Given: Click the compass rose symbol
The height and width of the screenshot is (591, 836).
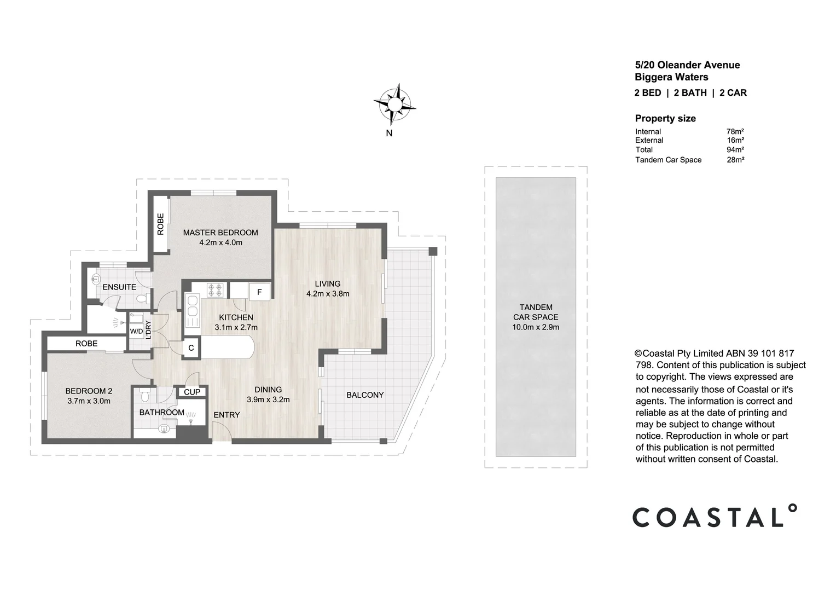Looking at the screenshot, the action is tap(394, 104).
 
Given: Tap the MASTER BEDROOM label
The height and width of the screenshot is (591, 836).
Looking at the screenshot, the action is tap(220, 233).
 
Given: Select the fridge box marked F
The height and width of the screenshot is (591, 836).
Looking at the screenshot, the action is tap(259, 292).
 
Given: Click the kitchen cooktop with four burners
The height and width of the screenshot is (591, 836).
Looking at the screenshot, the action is tap(215, 290).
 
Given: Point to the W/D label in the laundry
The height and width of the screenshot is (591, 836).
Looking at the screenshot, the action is tap(136, 331).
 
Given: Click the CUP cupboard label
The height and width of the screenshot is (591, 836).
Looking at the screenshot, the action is tap(192, 392).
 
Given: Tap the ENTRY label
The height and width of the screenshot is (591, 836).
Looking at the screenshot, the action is tap(227, 415).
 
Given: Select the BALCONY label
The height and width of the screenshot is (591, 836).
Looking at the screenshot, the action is tap(365, 395).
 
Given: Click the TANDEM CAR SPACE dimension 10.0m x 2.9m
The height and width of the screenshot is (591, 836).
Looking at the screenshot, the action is tap(536, 327).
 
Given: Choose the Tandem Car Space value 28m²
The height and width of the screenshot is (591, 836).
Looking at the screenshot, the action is tap(736, 160).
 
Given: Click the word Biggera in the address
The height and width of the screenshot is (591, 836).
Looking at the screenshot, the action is tap(653, 77).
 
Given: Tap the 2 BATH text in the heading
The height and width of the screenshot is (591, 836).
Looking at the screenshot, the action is tap(690, 92).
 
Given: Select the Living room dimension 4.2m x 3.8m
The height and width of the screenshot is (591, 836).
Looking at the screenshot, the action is tap(328, 294).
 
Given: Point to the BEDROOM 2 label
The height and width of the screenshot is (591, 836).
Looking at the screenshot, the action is tap(89, 391).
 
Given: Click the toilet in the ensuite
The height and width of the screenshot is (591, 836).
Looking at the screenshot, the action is tap(143, 299).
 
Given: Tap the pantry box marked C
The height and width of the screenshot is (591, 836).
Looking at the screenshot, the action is tap(191, 349).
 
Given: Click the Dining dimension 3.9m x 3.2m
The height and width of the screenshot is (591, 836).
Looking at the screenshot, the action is tap(268, 399).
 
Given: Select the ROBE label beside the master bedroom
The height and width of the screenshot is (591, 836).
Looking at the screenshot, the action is tap(160, 224).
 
